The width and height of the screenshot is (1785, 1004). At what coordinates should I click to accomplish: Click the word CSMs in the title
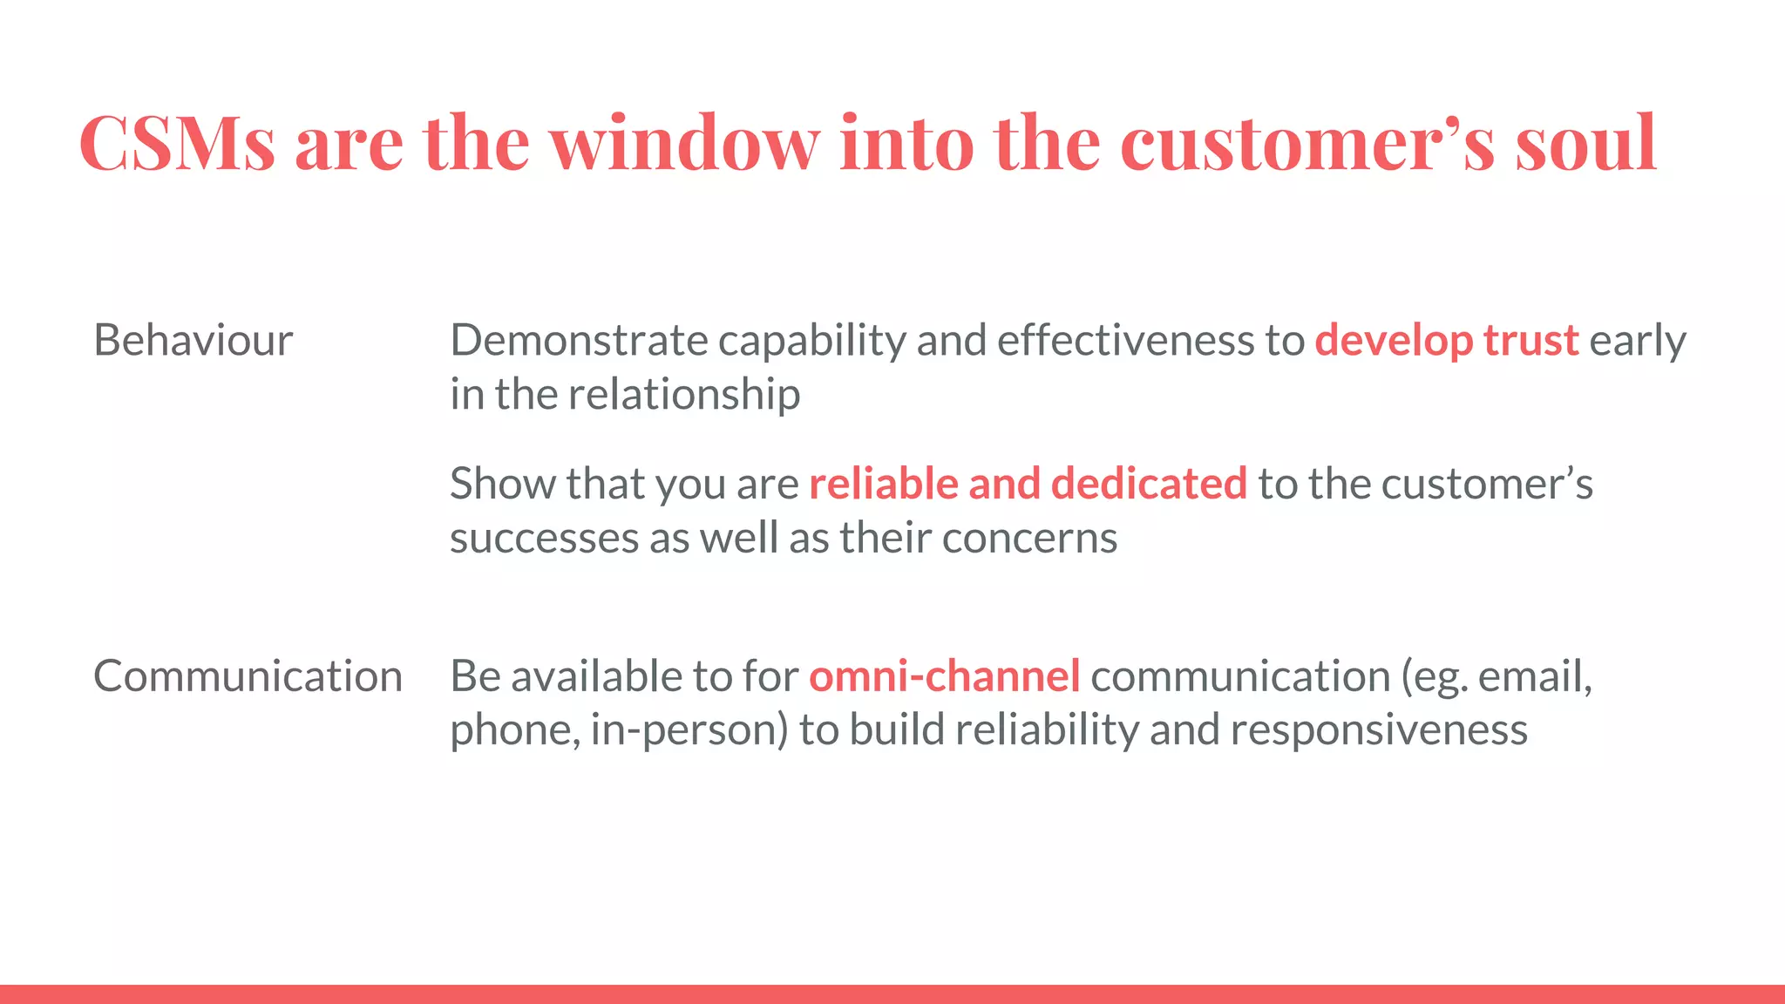[177, 142]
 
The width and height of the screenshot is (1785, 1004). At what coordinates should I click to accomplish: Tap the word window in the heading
[685, 142]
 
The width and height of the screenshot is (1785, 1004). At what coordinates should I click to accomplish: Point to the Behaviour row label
[193, 340]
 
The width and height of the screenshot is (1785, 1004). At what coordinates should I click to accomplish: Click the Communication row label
[248, 676]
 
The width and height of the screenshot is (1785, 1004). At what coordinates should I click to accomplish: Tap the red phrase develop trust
[1446, 340]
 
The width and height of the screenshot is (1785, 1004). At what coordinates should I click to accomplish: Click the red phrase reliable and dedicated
[1028, 484]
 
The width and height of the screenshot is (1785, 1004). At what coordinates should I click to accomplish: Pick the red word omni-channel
[944, 676]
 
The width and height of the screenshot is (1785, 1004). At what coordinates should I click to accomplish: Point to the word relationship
[684, 394]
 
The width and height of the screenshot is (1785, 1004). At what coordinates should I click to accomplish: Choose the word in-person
[689, 730]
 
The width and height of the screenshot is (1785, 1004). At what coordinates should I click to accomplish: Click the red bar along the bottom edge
[892, 994]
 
